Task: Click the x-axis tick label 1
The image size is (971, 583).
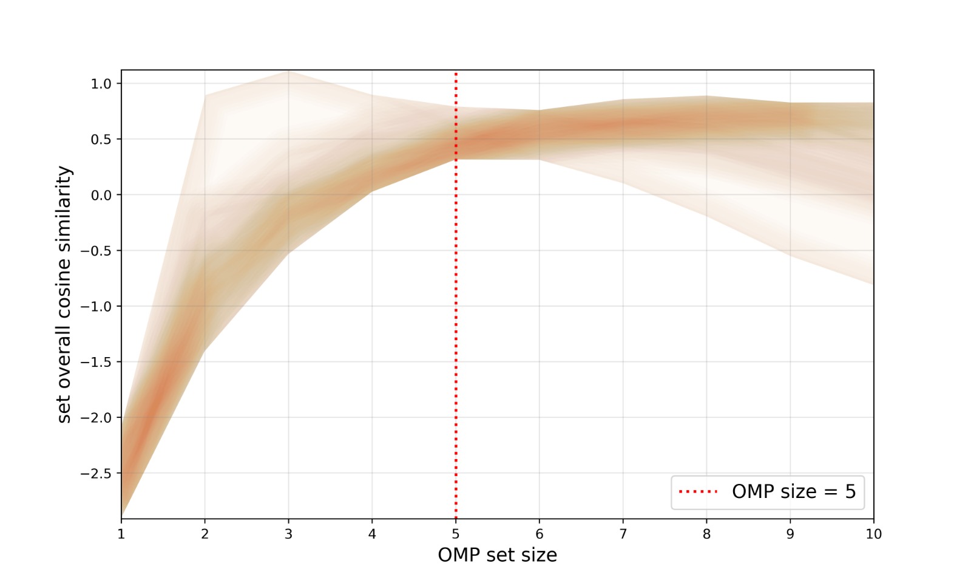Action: pos(121,534)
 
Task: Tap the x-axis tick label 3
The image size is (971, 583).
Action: pos(288,534)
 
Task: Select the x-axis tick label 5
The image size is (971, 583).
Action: pos(456,534)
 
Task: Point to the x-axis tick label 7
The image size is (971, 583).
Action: pos(623,534)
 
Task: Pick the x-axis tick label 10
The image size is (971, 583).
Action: pos(873,534)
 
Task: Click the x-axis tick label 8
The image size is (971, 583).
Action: pos(706,534)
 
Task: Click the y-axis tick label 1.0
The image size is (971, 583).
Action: pos(101,84)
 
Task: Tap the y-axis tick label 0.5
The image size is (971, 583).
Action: pos(101,140)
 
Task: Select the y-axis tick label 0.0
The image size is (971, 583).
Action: pos(101,195)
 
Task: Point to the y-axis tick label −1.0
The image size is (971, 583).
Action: pos(96,307)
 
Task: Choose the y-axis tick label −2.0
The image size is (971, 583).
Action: pos(96,418)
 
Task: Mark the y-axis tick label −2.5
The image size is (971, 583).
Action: pos(96,474)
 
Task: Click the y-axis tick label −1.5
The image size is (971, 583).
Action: pos(96,362)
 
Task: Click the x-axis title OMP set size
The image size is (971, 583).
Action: pos(497,555)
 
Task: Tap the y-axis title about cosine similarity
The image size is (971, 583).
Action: pos(64,295)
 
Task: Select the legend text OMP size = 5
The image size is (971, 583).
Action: pos(793,491)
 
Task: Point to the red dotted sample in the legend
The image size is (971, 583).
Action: pos(698,491)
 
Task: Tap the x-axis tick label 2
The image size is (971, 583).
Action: pos(205,534)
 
